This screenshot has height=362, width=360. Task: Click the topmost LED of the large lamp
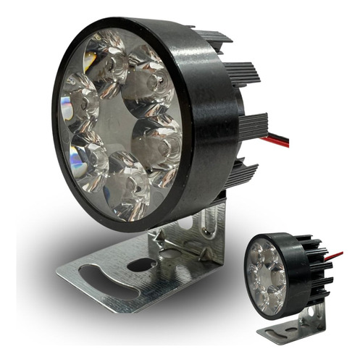coord(107,60)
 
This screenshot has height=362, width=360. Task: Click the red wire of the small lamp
coord(335,256)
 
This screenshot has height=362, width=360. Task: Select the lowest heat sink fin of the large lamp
coord(243,174)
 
